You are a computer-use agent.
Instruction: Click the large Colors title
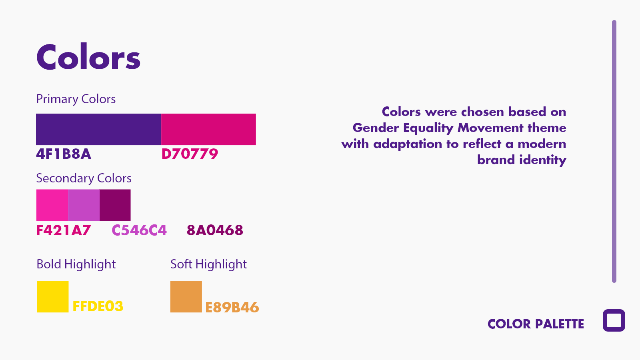88,58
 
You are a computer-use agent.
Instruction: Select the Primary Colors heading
76,99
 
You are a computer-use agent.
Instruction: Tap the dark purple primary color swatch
98,129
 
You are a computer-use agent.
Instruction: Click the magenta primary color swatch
208,129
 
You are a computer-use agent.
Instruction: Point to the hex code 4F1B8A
64,154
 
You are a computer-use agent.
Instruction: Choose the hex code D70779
190,154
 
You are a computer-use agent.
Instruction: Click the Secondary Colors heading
84,178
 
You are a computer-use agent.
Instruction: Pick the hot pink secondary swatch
52,205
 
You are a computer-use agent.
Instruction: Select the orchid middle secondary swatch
84,205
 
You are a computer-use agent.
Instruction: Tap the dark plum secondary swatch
115,205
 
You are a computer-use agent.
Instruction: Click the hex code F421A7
64,230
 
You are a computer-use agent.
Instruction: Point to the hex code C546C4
139,230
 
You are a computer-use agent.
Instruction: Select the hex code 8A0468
215,230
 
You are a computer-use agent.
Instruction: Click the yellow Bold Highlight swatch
53,296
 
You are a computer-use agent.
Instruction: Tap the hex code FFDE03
98,306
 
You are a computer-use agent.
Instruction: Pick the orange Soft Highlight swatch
186,296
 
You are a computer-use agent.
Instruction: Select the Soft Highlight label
208,264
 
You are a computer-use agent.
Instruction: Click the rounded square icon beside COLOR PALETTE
614,320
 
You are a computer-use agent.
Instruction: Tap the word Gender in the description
376,128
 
